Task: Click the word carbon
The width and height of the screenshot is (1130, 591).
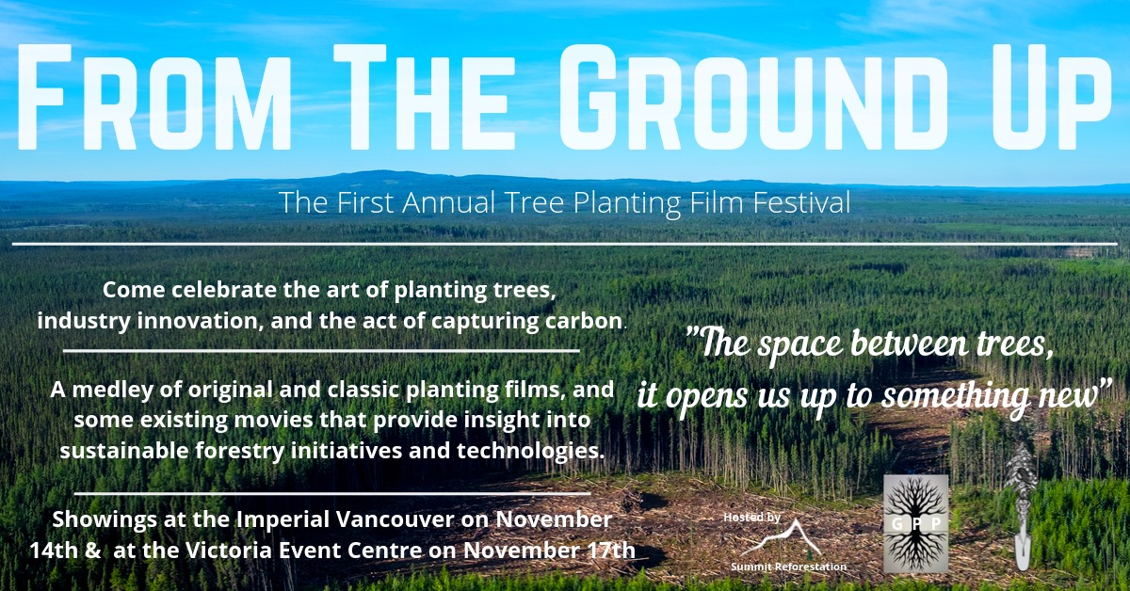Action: [x=587, y=320]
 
